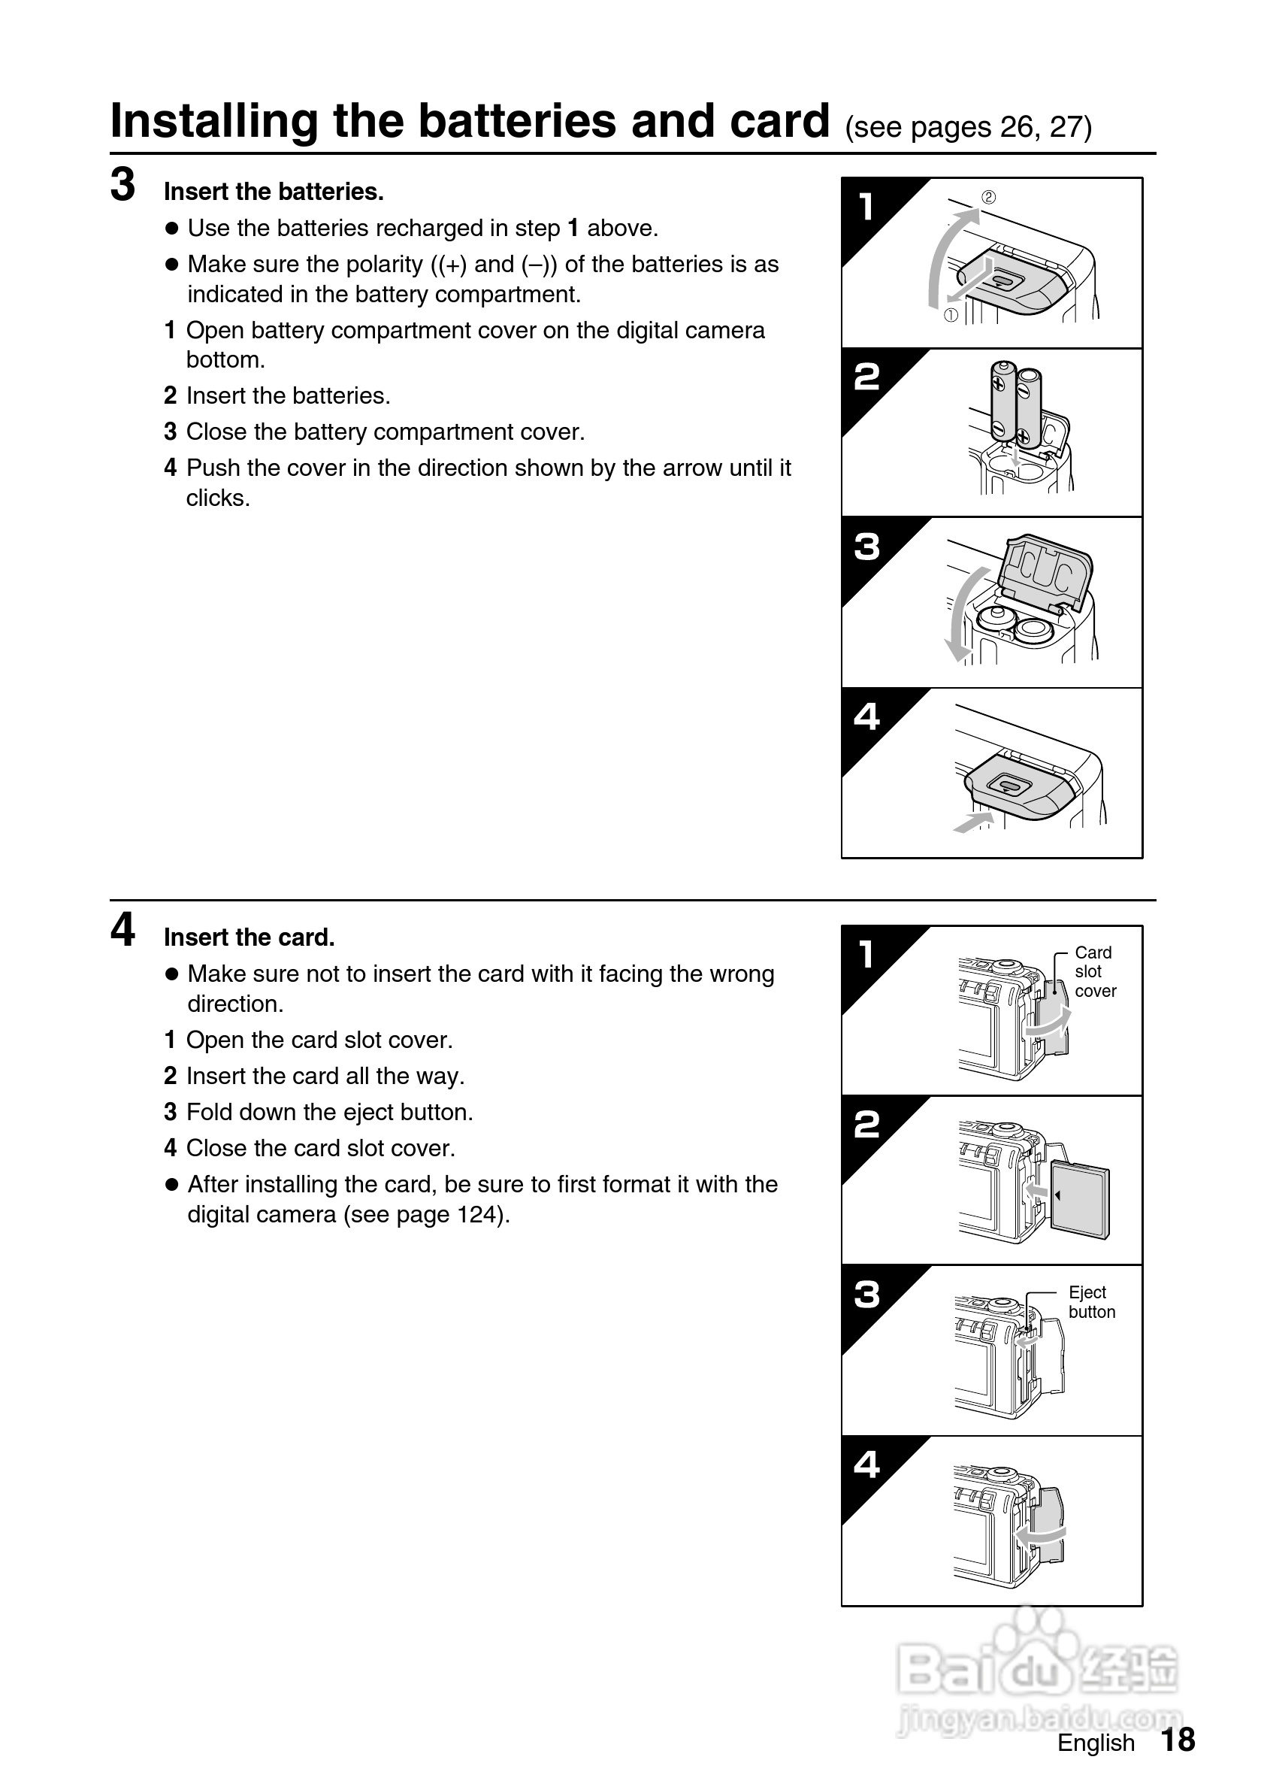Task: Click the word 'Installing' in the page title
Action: click(x=213, y=123)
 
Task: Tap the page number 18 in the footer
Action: click(x=1178, y=1740)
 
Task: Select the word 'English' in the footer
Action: click(x=1095, y=1743)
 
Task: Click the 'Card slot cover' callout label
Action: click(x=1094, y=971)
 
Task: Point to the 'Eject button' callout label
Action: click(x=1091, y=1302)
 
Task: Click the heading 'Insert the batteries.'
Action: click(x=274, y=192)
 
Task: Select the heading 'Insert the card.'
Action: click(x=249, y=937)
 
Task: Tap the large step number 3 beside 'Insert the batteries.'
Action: click(x=122, y=186)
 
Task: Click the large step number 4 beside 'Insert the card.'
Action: click(x=122, y=930)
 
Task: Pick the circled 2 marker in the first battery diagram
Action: click(x=988, y=197)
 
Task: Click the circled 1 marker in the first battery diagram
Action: click(x=951, y=316)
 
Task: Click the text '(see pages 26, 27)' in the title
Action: click(x=969, y=127)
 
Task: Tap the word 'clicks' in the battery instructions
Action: click(x=216, y=498)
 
